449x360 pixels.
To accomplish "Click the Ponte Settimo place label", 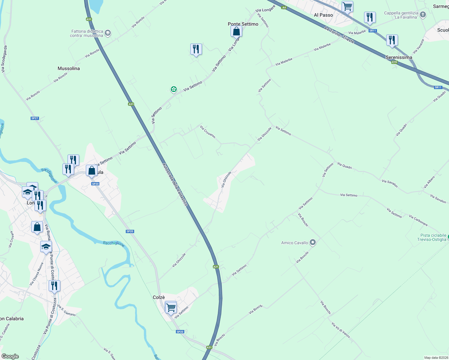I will pos(243,24).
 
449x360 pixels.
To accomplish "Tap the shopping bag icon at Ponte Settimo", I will pos(237,31).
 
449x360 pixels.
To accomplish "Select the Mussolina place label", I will pos(69,68).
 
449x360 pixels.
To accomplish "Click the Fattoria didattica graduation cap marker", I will pos(108,33).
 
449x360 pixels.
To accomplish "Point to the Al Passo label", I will pos(323,15).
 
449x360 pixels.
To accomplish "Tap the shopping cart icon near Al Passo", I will pos(347,6).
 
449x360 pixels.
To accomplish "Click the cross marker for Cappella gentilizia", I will pos(423,15).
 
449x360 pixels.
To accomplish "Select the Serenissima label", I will pos(399,57).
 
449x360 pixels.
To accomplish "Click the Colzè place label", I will pos(159,297).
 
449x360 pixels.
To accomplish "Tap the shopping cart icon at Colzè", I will pos(171,307).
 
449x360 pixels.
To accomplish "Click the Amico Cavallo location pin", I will pos(313,242).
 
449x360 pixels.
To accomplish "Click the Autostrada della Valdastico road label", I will pos(175,184).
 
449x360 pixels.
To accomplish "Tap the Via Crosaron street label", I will pos(208,132).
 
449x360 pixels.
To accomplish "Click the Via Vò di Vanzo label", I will pos(341,330).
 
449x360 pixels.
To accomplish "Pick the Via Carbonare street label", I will pos(418,220).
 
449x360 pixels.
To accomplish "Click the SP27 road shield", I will pos(35,118).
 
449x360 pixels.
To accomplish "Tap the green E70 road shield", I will pos(394,62).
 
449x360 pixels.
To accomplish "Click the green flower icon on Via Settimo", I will pos(173,89).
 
